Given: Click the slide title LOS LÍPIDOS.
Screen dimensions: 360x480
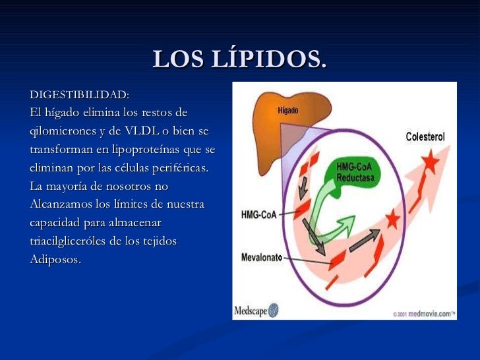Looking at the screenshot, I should pos(239,60).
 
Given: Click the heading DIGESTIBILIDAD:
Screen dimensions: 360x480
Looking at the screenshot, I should pos(79,96).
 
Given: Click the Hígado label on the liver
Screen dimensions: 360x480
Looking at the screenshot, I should pos(287,111).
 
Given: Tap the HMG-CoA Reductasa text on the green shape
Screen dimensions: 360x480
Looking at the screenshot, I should pos(355,173).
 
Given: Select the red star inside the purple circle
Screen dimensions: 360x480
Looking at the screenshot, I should pos(392,218).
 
